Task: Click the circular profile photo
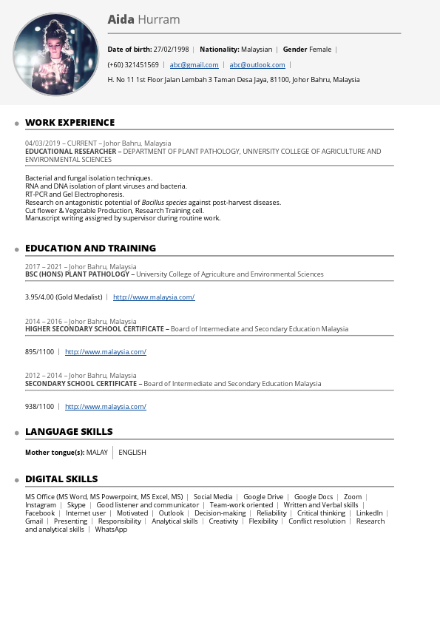(55, 54)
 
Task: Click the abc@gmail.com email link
(194, 65)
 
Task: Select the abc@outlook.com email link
(257, 65)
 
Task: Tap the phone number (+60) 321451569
(133, 65)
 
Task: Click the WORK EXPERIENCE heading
(70, 123)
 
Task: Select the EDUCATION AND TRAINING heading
(90, 249)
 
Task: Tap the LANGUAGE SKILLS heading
(69, 432)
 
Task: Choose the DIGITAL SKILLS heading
(61, 479)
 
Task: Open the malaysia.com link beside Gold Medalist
(154, 297)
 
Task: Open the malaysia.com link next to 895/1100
(106, 352)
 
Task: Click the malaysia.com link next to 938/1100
(106, 407)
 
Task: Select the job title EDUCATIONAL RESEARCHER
(70, 152)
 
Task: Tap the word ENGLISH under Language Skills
(132, 453)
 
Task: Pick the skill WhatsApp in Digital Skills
(111, 530)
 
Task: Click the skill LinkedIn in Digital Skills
(369, 513)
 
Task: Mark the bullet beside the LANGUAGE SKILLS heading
(16, 433)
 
